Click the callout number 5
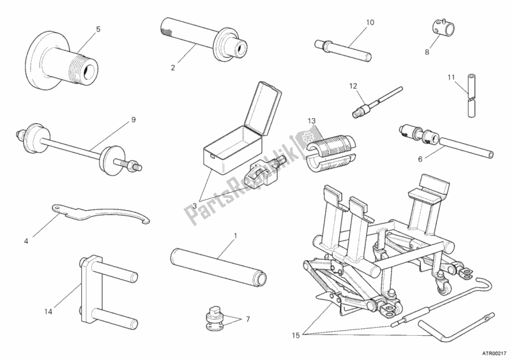coord(98,29)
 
